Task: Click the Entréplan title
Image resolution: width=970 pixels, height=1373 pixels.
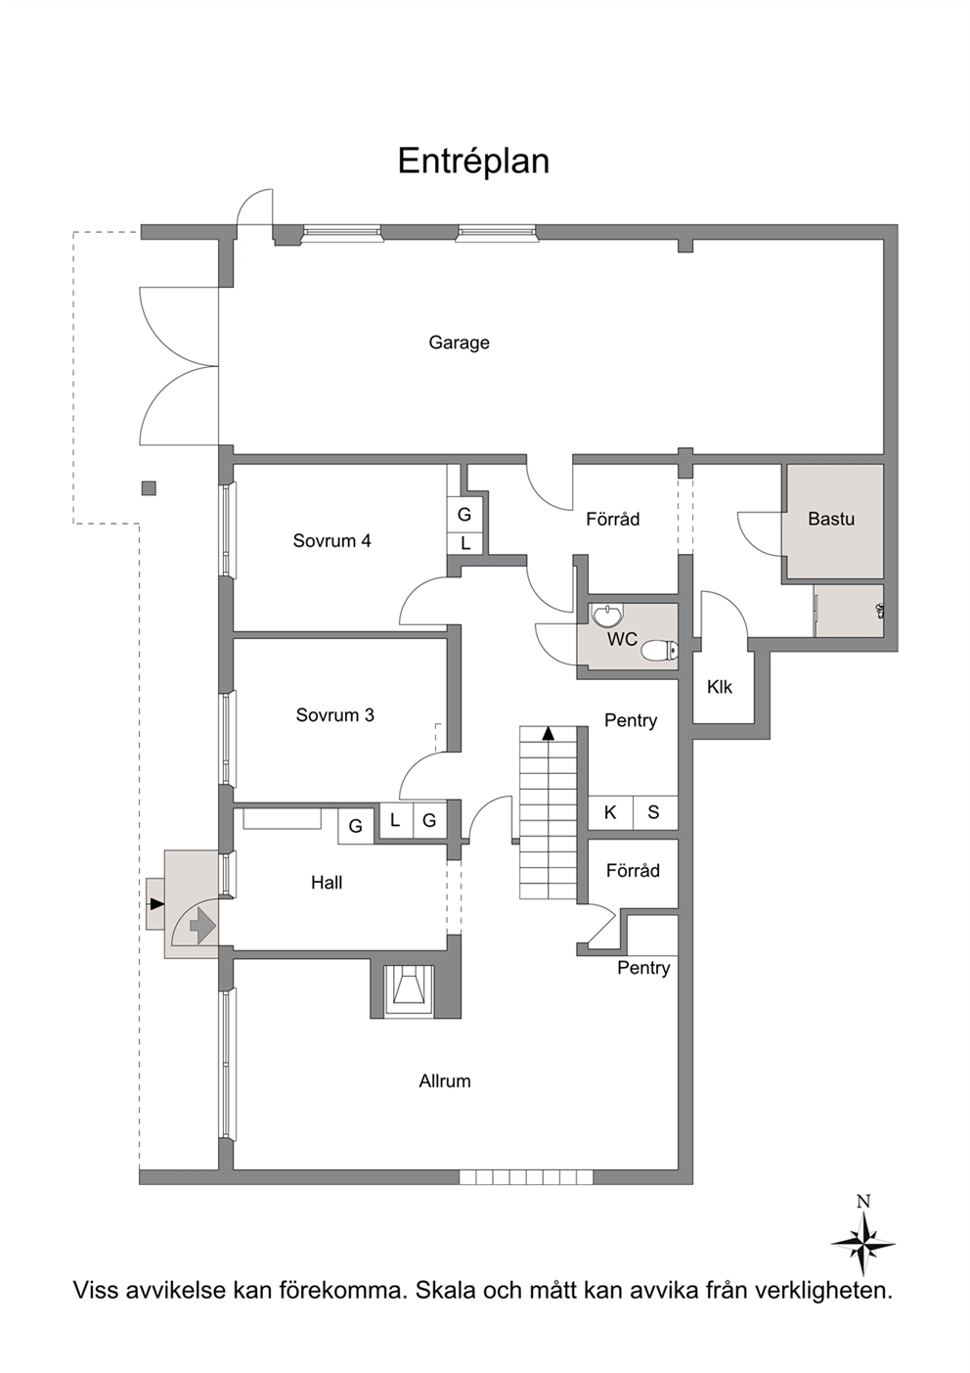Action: [473, 161]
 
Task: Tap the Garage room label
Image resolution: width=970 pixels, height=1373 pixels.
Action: [460, 342]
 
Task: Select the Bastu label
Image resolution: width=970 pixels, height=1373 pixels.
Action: [831, 519]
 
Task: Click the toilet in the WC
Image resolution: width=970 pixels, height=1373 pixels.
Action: [660, 651]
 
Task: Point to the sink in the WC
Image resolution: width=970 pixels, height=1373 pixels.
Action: [607, 615]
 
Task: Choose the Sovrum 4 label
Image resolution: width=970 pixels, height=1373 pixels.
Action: [331, 540]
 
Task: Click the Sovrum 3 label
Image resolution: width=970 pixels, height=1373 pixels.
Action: [335, 714]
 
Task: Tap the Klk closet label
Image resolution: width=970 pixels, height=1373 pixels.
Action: [720, 687]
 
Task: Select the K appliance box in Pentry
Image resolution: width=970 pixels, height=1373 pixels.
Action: [610, 812]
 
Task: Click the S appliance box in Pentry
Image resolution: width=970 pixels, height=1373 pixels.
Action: [654, 812]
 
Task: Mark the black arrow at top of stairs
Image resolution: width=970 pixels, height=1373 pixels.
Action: [549, 733]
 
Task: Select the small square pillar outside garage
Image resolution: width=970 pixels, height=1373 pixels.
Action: [149, 488]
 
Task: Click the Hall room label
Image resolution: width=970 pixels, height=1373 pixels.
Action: [327, 883]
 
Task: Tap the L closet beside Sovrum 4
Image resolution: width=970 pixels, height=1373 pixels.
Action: [465, 544]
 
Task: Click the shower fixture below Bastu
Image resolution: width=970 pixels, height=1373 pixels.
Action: [881, 610]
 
